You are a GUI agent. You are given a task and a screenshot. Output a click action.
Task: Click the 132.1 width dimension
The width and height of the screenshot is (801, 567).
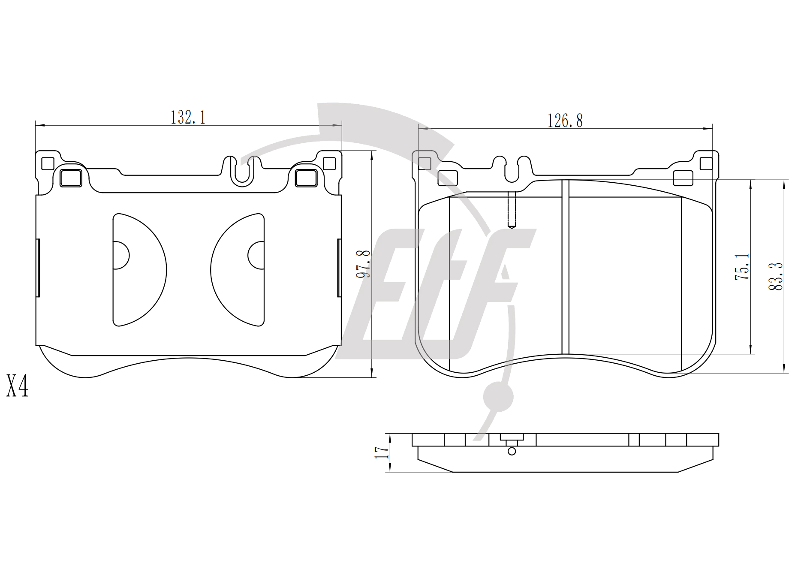tap(188, 117)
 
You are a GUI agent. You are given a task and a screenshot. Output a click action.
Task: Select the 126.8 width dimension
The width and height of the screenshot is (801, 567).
tap(565, 121)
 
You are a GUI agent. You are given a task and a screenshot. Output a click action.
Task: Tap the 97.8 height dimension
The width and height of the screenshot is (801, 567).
tap(364, 264)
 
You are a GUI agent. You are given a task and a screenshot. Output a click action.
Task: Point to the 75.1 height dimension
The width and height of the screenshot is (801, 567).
tap(743, 267)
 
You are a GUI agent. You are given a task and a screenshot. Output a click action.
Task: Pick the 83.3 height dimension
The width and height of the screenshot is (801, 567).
tap(776, 276)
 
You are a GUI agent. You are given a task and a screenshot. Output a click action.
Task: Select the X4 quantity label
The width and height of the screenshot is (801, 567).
tap(18, 386)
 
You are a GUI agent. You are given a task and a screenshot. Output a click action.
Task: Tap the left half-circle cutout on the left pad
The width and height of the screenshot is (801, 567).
tap(140, 270)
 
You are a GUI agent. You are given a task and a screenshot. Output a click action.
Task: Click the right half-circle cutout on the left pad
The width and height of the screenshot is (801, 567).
tap(238, 270)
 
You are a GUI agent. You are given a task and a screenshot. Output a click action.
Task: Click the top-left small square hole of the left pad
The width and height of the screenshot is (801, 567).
tap(48, 163)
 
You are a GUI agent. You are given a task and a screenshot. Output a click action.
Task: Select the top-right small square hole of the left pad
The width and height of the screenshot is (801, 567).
tap(329, 163)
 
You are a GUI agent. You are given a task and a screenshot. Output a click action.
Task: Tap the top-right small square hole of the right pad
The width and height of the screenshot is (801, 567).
tap(706, 163)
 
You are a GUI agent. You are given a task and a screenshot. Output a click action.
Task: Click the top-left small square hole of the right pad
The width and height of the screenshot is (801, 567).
tap(425, 163)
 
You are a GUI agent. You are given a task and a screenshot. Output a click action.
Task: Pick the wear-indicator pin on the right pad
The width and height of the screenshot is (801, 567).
tap(512, 210)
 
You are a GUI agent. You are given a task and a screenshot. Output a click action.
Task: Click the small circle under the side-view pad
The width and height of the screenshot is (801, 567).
tap(512, 451)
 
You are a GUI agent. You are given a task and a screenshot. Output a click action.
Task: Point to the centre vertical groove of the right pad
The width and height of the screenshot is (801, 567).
tap(565, 267)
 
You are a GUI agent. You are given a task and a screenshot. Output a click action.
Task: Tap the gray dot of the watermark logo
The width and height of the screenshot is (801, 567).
tap(498, 397)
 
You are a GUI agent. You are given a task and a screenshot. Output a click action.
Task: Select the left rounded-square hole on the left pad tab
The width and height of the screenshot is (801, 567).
tap(71, 178)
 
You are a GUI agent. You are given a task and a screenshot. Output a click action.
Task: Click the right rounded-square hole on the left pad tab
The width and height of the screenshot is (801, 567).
tap(307, 178)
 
